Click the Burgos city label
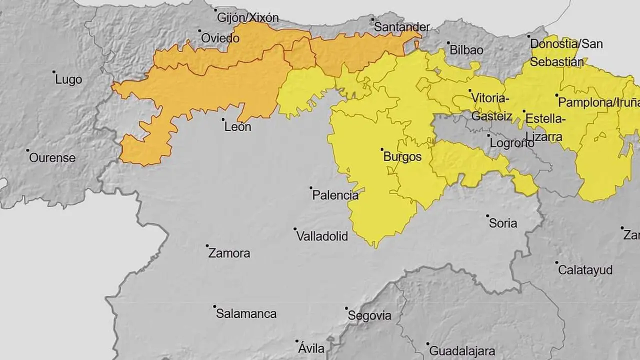point(402,157)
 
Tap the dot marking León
point(223,119)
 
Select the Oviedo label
point(220,38)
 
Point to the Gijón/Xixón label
point(247,18)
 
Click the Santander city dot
point(372,19)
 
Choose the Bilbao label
point(466,50)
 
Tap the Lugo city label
point(68,79)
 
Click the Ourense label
point(52,158)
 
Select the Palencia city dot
point(310,188)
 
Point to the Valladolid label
point(322,236)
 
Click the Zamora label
point(229,253)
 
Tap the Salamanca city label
point(246,314)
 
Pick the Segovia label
point(369,315)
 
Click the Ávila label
point(311,348)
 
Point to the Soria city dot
point(487,216)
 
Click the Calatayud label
point(585,270)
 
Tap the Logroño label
point(511,143)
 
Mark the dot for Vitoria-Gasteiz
point(470,90)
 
